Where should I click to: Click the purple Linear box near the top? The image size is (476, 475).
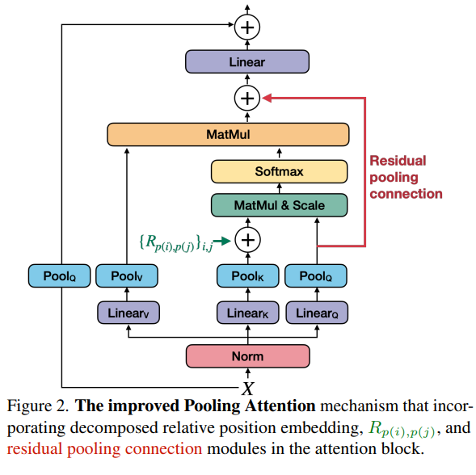(247, 61)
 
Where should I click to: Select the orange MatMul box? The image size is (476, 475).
(228, 134)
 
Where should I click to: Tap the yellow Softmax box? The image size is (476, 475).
(279, 171)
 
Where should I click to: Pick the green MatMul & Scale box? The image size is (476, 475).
(279, 205)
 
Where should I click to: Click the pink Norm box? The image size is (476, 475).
(248, 356)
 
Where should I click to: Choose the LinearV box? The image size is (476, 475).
(128, 313)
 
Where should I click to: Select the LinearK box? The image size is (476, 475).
(248, 313)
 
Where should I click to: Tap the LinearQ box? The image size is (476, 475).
(317, 313)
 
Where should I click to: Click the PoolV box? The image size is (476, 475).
(127, 276)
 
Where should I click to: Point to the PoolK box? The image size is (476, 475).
(248, 276)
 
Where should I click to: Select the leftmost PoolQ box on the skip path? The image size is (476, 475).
(59, 276)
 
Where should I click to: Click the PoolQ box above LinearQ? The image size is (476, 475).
(316, 276)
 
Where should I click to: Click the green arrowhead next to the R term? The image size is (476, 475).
(225, 241)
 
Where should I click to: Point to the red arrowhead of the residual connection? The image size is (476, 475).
(267, 98)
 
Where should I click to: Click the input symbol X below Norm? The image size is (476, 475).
(248, 389)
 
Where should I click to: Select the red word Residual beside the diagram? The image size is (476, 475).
(398, 161)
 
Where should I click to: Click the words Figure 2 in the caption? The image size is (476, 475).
(38, 406)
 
